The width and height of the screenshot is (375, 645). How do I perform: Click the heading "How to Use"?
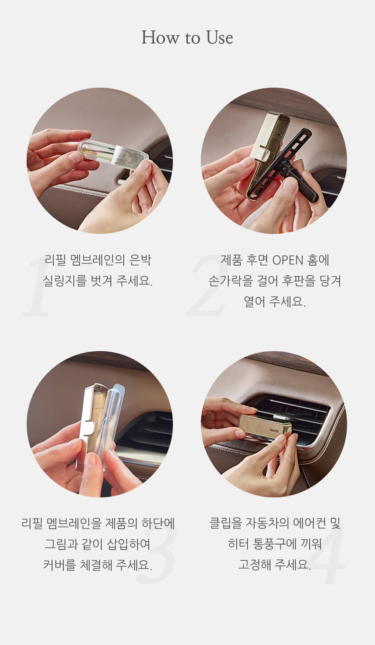(187, 38)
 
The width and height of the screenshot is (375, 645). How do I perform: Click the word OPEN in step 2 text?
(288, 260)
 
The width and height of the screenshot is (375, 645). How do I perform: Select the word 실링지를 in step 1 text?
(65, 281)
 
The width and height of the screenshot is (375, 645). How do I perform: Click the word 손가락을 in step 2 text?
(230, 281)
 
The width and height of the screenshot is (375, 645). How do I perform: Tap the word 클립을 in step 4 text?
(225, 523)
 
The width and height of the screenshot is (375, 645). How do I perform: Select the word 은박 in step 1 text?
(140, 260)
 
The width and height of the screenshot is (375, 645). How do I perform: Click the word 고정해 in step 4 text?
(254, 565)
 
